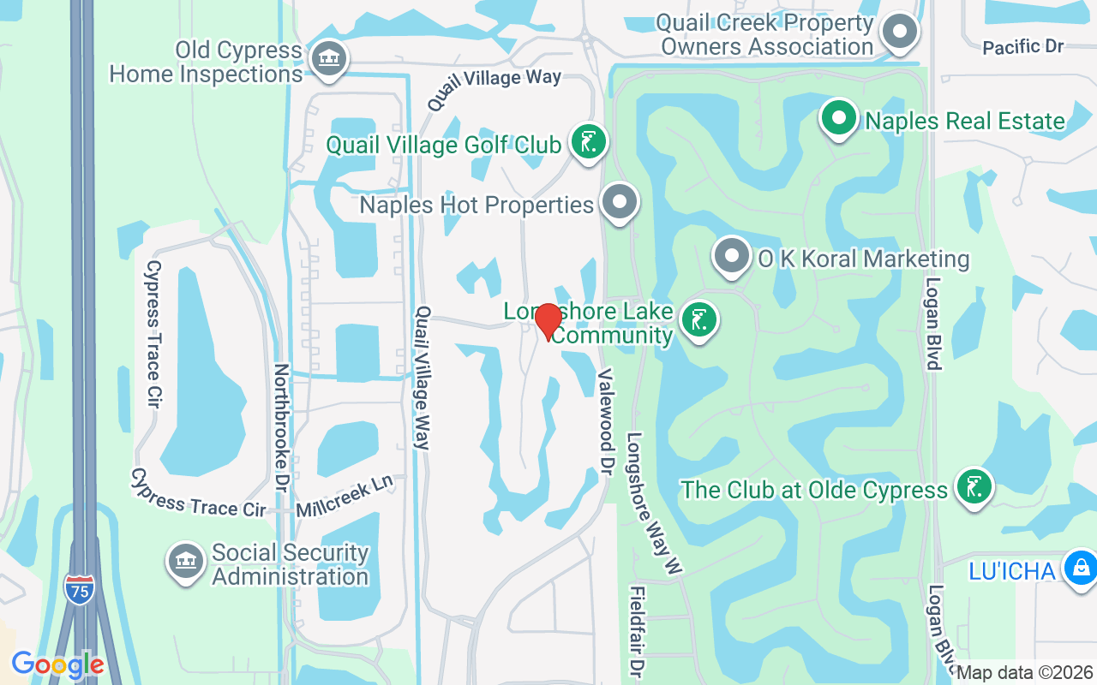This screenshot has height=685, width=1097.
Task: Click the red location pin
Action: pyautogui.click(x=548, y=322)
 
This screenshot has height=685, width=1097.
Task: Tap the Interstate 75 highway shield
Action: pyautogui.click(x=79, y=590)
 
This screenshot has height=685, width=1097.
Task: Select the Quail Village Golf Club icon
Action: pyautogui.click(x=589, y=142)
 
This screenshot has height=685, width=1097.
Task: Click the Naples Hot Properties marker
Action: pyautogui.click(x=620, y=203)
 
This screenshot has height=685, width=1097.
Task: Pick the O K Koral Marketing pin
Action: pyautogui.click(x=731, y=256)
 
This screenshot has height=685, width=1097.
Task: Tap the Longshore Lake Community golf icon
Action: pyautogui.click(x=699, y=320)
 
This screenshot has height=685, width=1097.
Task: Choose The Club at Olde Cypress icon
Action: pyautogui.click(x=974, y=487)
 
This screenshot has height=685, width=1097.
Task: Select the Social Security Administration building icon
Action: pyautogui.click(x=186, y=562)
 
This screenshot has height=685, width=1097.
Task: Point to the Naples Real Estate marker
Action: pyautogui.click(x=840, y=119)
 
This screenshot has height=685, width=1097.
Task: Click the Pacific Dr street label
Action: pyautogui.click(x=1022, y=47)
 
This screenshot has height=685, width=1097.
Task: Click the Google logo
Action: pyautogui.click(x=57, y=664)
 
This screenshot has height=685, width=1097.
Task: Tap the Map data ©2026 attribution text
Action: pyautogui.click(x=1024, y=673)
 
